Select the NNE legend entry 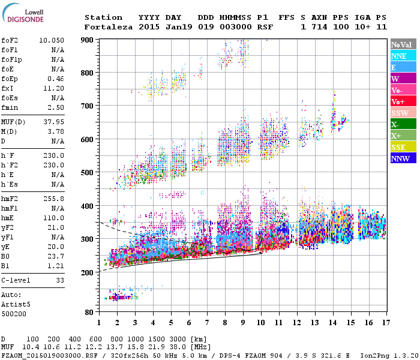pyautogui.click(x=403, y=56)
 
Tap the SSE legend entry pyautogui.click(x=403, y=148)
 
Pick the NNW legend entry pyautogui.click(x=403, y=159)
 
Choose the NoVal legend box pyautogui.click(x=403, y=44)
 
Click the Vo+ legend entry pyautogui.click(x=403, y=101)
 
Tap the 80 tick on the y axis pyautogui.click(x=89, y=313)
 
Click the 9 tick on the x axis pyautogui.click(x=243, y=323)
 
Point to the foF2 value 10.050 pyautogui.click(x=52, y=40)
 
